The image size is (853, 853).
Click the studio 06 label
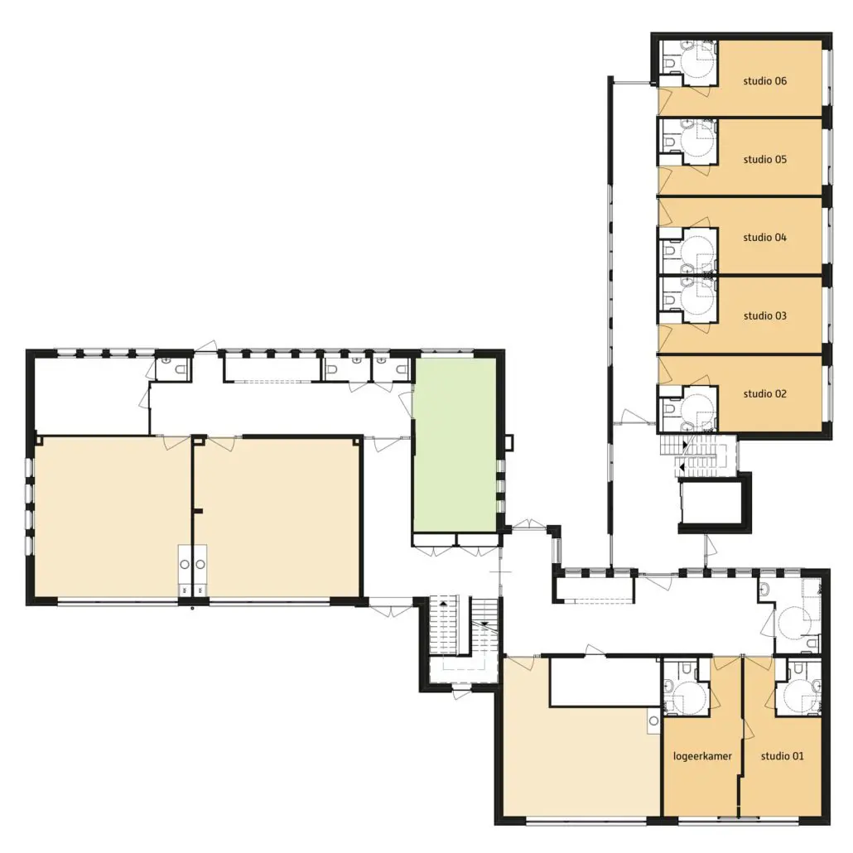pyautogui.click(x=764, y=81)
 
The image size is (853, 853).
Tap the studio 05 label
pyautogui.click(x=764, y=159)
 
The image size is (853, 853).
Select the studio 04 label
pyautogui.click(x=764, y=237)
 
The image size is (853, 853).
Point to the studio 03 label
pyautogui.click(x=764, y=316)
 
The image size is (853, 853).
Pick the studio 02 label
pyautogui.click(x=764, y=394)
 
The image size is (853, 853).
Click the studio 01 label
pyautogui.click(x=782, y=755)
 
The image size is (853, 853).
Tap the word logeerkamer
pyautogui.click(x=701, y=756)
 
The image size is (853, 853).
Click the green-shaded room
pyautogui.click(x=455, y=445)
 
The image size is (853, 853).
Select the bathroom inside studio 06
pyautogui.click(x=688, y=63)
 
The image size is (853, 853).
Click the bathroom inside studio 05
pyautogui.click(x=688, y=142)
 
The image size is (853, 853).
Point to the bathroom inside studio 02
pyautogui.click(x=688, y=409)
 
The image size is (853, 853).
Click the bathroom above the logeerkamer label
pyautogui.click(x=687, y=687)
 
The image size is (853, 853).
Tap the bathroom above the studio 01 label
pyautogui.click(x=798, y=687)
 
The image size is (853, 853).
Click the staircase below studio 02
pyautogui.click(x=698, y=455)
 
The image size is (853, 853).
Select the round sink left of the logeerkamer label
pyautogui.click(x=653, y=720)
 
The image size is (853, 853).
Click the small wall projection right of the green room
pyautogui.click(x=508, y=442)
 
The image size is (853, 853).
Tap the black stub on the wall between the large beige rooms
pyautogui.click(x=199, y=511)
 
